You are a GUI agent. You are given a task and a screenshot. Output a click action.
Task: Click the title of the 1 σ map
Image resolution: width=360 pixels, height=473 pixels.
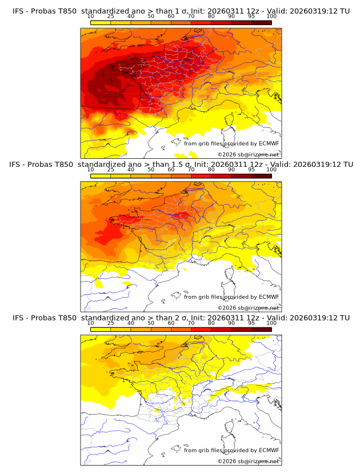pos(181,11)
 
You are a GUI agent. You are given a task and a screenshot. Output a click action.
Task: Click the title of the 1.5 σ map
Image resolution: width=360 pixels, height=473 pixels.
pos(181,164)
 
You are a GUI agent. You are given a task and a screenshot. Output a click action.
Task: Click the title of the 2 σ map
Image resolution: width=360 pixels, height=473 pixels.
pos(181,318)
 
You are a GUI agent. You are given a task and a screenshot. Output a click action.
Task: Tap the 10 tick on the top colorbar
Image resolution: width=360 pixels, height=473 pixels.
pos(91,16)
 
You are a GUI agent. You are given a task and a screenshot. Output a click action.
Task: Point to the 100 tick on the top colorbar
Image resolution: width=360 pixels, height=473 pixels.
pos(271,16)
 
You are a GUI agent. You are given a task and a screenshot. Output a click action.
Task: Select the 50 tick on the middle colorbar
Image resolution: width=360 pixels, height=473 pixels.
pos(151,170)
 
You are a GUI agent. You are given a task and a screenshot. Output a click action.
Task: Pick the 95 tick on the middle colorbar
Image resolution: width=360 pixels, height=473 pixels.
pos(251,170)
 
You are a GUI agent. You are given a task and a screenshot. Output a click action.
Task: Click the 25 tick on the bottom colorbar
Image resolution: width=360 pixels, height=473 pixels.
pos(111,323)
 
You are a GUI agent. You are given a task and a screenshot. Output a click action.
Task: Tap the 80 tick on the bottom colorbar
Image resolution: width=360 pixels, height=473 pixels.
pos(211,323)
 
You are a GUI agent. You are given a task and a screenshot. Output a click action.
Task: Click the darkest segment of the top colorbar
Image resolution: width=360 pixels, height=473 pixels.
pos(262,23)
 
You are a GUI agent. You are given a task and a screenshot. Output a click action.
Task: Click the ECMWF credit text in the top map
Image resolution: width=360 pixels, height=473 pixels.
pos(231,143)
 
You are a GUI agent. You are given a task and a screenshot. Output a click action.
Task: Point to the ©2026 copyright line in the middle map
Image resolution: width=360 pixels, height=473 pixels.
pos(248,308)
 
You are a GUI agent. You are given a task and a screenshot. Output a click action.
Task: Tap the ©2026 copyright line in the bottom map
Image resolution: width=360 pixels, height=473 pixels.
pos(248,462)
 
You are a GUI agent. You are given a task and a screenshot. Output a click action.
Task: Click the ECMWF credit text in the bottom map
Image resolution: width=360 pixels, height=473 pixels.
pos(231,450)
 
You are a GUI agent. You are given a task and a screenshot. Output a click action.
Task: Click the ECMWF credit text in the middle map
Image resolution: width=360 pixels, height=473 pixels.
pos(231,296)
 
